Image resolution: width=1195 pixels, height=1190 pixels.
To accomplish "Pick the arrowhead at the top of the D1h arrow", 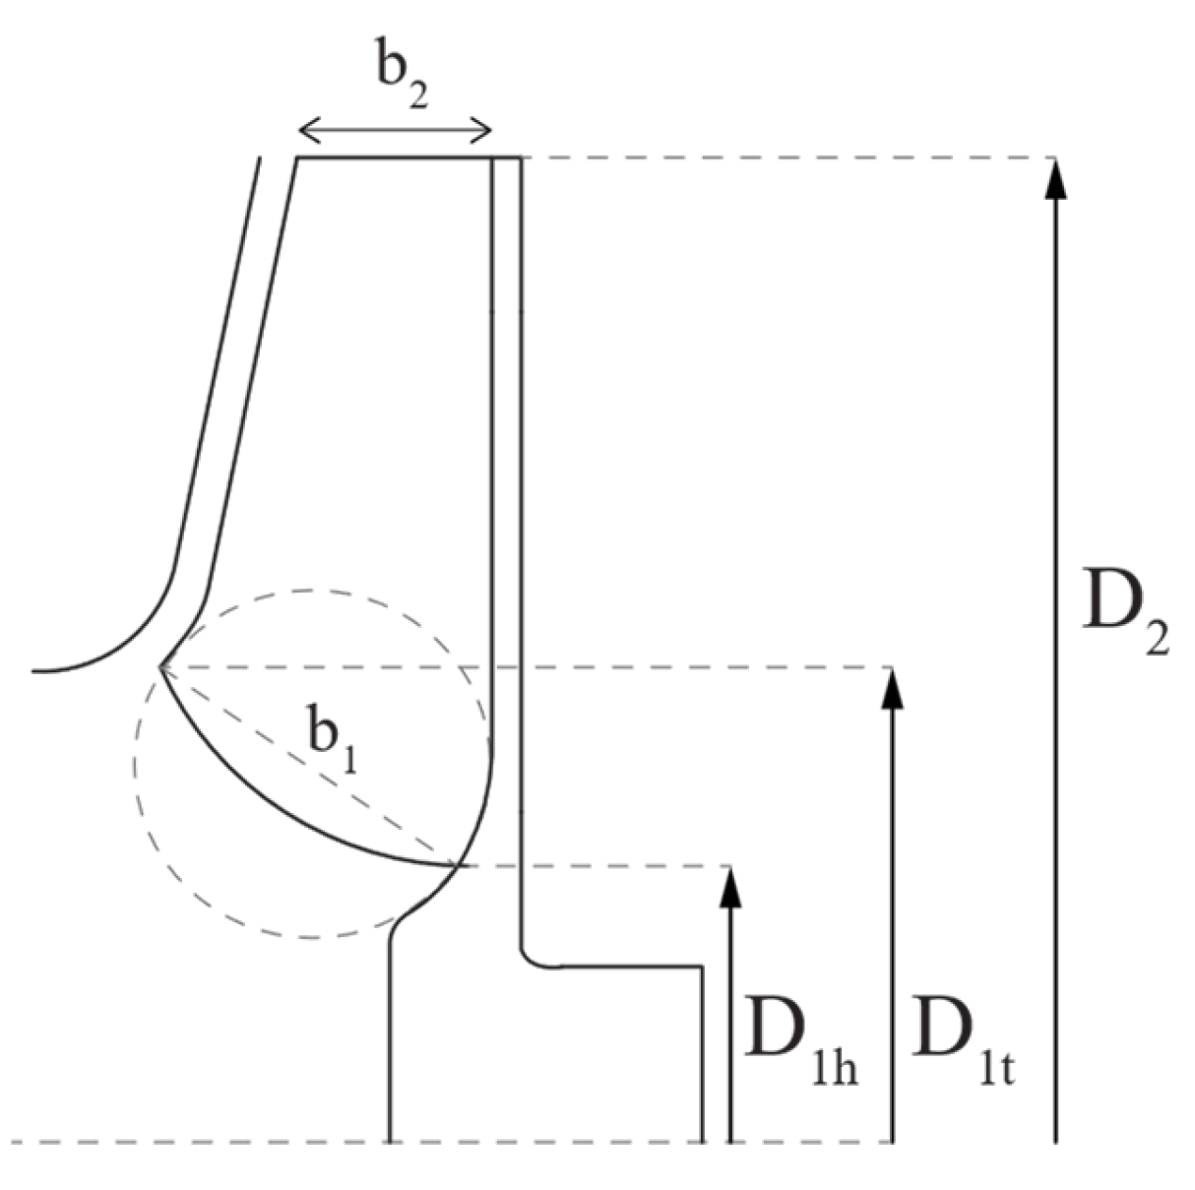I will click(x=729, y=886).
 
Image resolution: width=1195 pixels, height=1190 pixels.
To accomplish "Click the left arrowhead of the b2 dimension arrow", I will click(x=305, y=129).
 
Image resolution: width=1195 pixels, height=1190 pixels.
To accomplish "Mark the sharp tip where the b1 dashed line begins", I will click(x=160, y=667).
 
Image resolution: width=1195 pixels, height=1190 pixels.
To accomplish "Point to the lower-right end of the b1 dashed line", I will click(x=458, y=865).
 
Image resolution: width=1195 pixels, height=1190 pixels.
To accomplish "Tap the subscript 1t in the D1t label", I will click(x=995, y=1068).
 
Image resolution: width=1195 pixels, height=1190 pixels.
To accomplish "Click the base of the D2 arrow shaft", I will click(x=1055, y=1142).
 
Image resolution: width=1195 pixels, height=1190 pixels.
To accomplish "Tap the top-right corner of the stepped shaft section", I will click(x=702, y=967).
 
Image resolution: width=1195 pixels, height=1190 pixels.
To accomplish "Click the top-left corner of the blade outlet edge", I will click(x=297, y=157).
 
